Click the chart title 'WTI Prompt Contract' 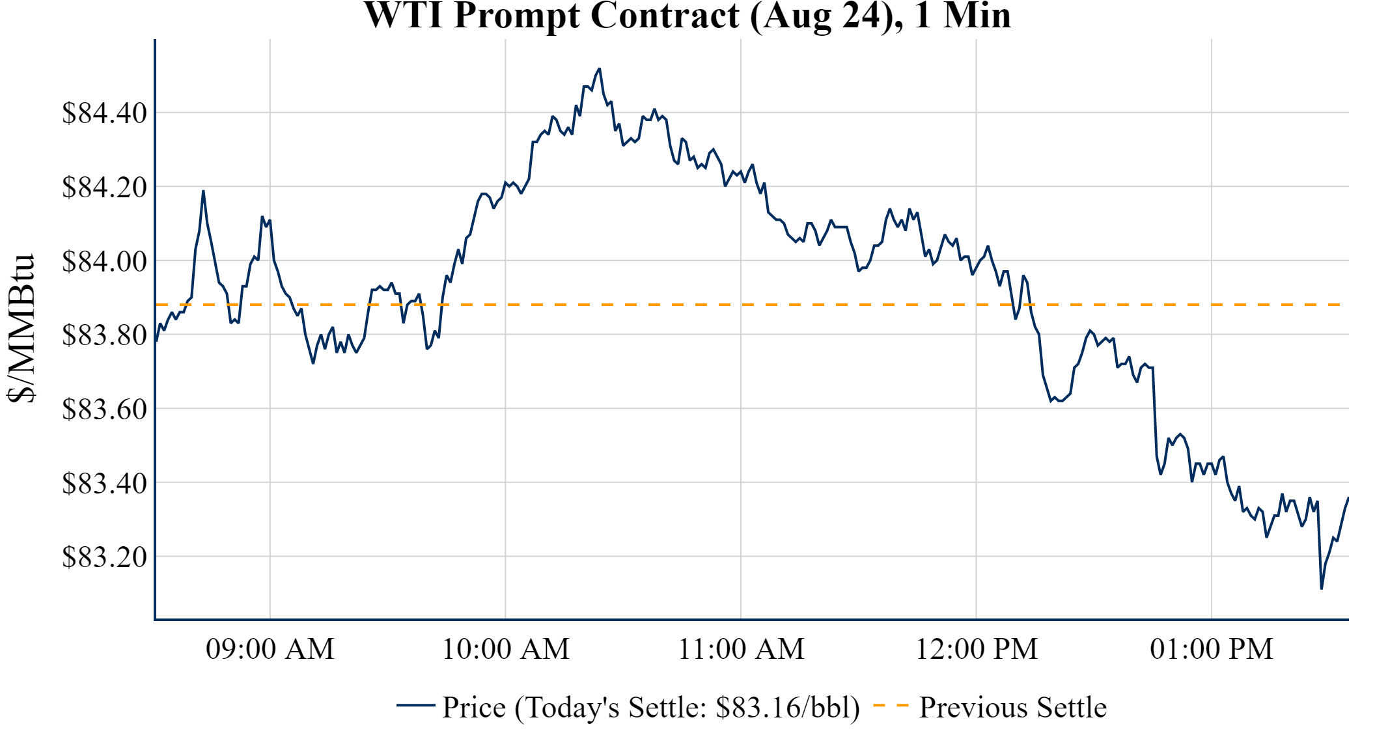pos(687,16)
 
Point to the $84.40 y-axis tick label pos(104,113)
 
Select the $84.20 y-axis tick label pos(104,187)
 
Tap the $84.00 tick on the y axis pos(104,261)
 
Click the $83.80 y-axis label pos(104,335)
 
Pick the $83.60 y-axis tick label pos(104,410)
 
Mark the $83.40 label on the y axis pos(104,483)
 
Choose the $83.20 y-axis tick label pos(104,557)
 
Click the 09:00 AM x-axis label pos(270,649)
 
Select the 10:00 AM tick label pos(506,649)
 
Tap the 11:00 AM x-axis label pos(742,649)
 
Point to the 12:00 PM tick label pos(977,649)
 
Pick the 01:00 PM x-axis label pos(1212,649)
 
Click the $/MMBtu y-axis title pos(21,329)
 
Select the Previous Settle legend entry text pos(1012,708)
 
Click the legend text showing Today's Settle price pos(651,708)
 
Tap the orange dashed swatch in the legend pos(891,706)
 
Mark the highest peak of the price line pos(599,68)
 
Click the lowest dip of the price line pos(1321,589)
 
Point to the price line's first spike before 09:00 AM pos(203,191)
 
